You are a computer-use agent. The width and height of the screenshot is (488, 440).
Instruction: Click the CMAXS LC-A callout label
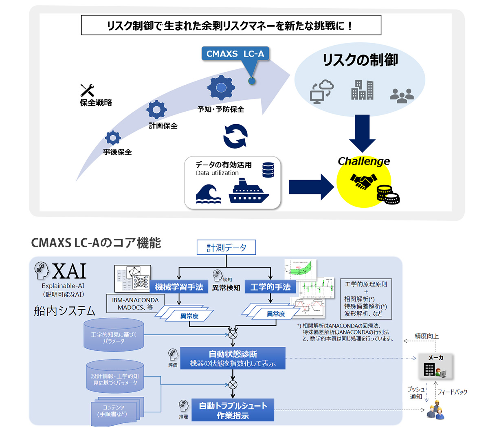pos(235,54)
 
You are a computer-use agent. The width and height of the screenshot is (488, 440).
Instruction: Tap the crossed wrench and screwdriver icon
pos(87,90)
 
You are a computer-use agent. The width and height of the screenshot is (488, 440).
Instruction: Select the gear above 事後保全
pos(113,138)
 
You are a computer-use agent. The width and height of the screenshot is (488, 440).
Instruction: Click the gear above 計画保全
pos(156,110)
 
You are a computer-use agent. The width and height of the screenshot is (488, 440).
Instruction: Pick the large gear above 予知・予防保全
pos(221,88)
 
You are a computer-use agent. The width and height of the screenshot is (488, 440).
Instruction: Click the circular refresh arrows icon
pos(235,136)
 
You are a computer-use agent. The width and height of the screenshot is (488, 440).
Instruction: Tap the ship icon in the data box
pos(249,192)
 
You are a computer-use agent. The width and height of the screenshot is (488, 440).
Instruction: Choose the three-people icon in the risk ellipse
pos(402,95)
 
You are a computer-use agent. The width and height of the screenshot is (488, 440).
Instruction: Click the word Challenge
pos(364,161)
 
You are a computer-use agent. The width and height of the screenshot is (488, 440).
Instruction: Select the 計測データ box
pos(226,247)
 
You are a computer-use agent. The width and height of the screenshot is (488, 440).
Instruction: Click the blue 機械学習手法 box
pos(179,287)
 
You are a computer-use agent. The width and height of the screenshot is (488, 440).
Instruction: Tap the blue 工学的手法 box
pos(270,287)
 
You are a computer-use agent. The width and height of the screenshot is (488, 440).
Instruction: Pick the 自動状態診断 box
pos(233,359)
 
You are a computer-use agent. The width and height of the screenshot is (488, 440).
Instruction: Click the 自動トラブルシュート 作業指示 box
pos(233,410)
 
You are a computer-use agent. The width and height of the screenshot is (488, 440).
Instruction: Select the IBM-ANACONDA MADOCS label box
pos(135,304)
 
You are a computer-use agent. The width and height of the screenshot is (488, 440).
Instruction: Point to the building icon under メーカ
pos(429,369)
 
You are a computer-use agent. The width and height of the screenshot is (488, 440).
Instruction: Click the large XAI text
pos(69,271)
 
